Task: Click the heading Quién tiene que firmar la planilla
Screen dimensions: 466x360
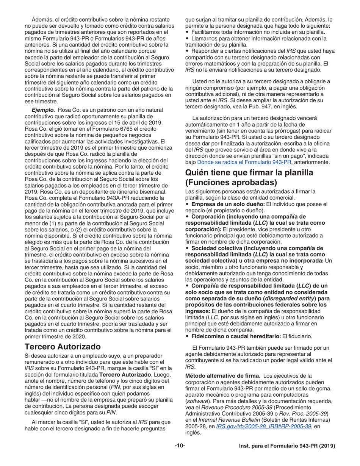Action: click(x=249, y=172)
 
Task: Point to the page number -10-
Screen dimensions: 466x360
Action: click(x=180, y=446)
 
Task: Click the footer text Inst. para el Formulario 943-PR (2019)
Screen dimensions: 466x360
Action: click(x=287, y=446)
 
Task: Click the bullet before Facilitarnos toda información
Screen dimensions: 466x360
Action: click(x=187, y=32)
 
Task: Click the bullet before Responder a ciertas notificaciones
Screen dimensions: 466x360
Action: click(x=187, y=50)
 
